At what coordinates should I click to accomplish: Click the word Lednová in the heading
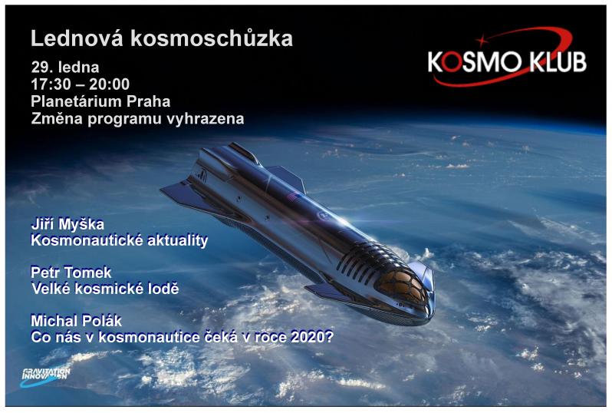77,38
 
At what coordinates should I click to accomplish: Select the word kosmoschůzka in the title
212,38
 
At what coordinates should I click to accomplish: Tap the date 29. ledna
65,68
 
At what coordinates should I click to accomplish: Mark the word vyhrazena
206,119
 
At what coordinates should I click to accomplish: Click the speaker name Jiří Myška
67,224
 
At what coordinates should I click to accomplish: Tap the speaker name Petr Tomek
71,273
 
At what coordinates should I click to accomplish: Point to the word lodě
163,289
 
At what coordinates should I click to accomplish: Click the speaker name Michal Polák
76,321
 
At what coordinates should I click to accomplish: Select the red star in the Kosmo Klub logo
482,40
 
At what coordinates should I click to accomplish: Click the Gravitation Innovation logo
45,377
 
